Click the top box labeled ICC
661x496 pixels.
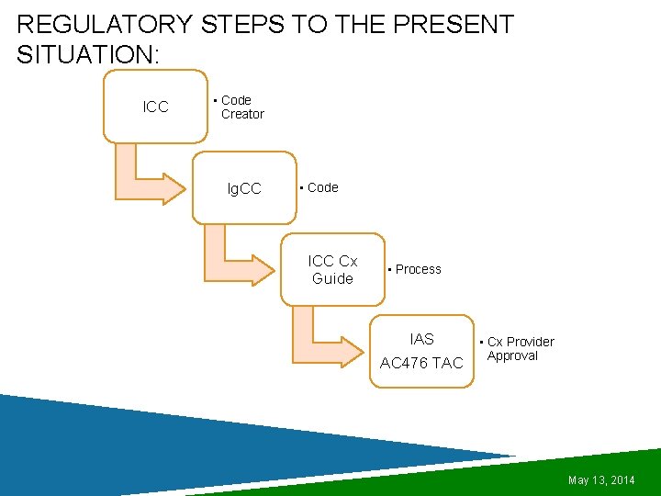tap(156, 107)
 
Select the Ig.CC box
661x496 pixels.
tap(244, 188)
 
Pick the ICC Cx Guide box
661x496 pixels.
tap(332, 269)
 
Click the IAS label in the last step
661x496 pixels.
tap(422, 339)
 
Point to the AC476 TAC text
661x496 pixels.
tap(421, 363)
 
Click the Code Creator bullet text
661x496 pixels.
tap(241, 107)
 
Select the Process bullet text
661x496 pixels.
tap(418, 269)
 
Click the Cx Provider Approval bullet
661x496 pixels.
tap(520, 349)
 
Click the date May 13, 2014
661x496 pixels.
tap(601, 480)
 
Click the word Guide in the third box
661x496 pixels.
tap(332, 278)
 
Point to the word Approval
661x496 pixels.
tap(512, 356)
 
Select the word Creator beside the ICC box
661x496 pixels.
tap(242, 114)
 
